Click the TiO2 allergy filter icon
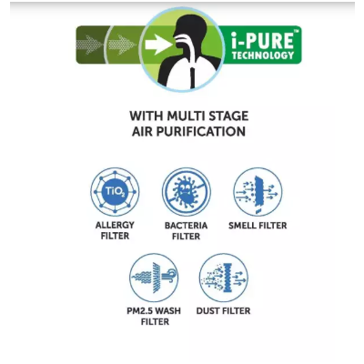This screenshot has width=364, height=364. pyautogui.click(x=115, y=192)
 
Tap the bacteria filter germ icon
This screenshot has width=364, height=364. pyautogui.click(x=187, y=192)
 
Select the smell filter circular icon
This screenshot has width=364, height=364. pyautogui.click(x=258, y=192)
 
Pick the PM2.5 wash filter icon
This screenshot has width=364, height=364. pyautogui.click(x=154, y=278)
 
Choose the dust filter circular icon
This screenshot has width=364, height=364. pyautogui.click(x=224, y=278)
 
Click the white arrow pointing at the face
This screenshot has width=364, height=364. pyautogui.click(x=157, y=45)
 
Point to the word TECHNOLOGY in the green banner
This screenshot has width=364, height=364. pyautogui.click(x=263, y=56)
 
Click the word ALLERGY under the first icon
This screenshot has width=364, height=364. pyautogui.click(x=115, y=225)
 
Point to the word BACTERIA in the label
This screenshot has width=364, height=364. pyautogui.click(x=186, y=226)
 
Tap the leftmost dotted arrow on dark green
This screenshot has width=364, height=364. pyautogui.click(x=90, y=45)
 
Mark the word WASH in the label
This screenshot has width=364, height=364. pyautogui.click(x=169, y=311)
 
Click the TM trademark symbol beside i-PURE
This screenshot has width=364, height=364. pyautogui.click(x=297, y=30)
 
